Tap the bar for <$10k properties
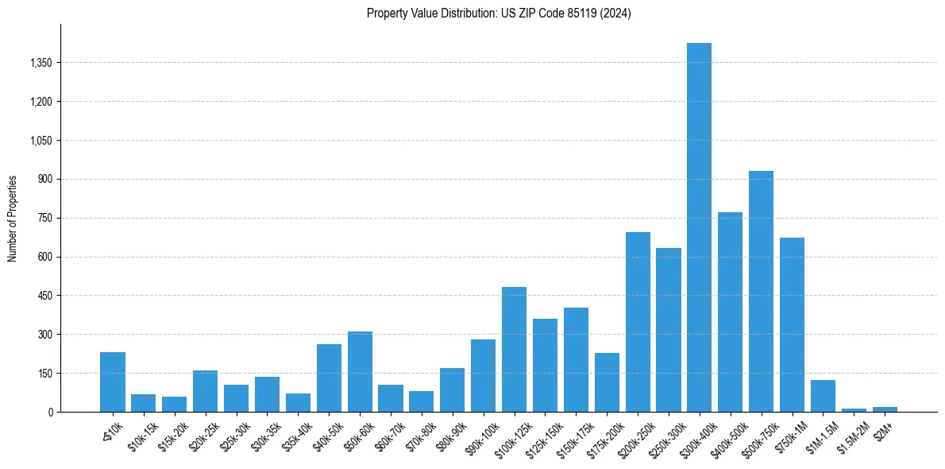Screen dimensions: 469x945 (x=113, y=382)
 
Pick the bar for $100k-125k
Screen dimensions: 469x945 (x=514, y=350)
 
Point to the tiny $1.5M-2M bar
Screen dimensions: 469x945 (x=854, y=409)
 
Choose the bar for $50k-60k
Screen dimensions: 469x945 (x=360, y=372)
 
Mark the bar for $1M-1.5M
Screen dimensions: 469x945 (x=823, y=396)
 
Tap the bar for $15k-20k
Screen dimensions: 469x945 (x=174, y=404)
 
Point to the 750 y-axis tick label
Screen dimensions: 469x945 (x=44, y=218)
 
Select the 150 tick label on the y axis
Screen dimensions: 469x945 (x=44, y=374)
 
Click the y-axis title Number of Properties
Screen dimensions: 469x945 (x=13, y=218)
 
